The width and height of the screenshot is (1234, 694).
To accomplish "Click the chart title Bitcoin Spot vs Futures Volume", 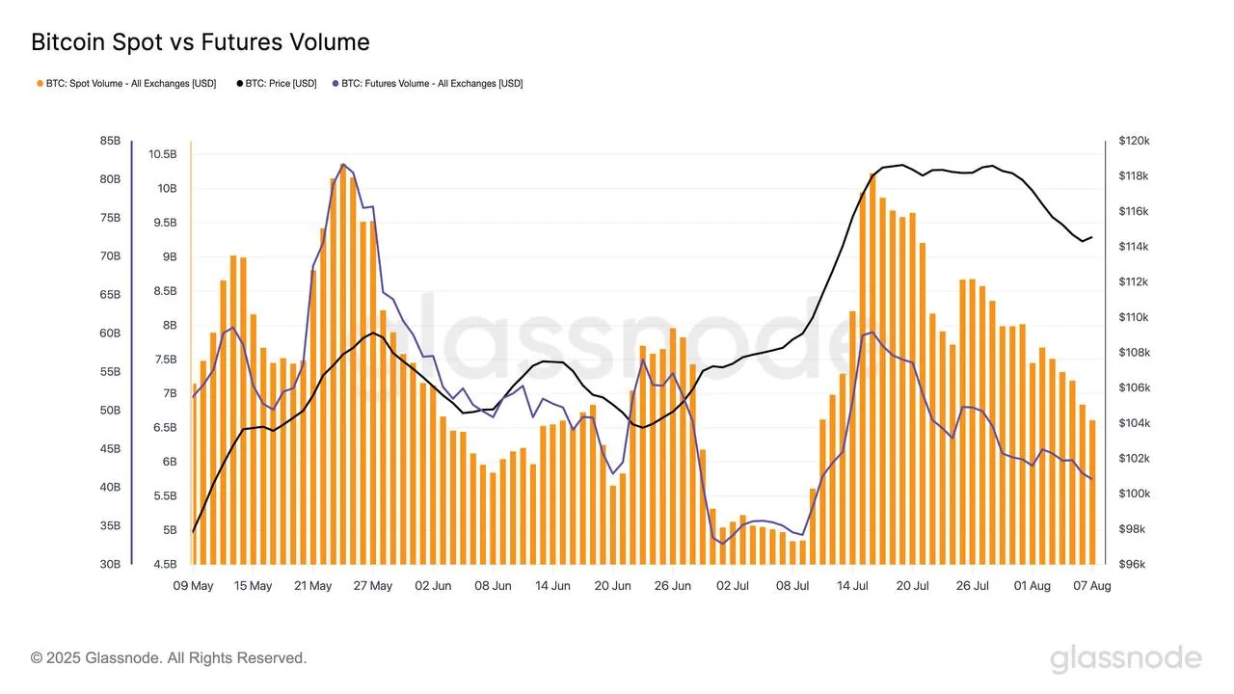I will click(201, 42).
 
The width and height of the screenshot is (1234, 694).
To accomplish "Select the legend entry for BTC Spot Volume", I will click(126, 84).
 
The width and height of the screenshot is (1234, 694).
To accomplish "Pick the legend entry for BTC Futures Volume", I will click(427, 84).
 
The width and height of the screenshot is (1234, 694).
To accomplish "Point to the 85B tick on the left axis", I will click(110, 141).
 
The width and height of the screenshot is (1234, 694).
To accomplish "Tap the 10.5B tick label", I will click(163, 154).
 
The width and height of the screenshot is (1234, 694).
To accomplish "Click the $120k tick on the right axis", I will click(1134, 141).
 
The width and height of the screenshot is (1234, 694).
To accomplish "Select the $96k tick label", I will click(1132, 565).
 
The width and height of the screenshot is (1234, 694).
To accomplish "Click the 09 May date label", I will click(194, 586).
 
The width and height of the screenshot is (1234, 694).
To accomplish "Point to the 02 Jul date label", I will click(734, 586).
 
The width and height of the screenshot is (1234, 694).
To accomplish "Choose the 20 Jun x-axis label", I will click(613, 586).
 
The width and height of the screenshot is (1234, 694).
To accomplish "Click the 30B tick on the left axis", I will click(110, 565).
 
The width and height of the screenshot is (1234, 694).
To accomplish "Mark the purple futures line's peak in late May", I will click(343, 165).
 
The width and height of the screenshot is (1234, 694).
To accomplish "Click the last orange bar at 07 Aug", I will click(1092, 492).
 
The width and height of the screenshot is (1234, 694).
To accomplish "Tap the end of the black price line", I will click(1091, 237).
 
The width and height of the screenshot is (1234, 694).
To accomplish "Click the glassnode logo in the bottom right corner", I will click(1125, 659).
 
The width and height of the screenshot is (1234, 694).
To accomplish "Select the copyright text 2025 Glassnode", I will click(169, 658).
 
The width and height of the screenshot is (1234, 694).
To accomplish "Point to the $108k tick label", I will click(1134, 353).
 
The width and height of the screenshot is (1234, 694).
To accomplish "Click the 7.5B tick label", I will click(165, 360).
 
